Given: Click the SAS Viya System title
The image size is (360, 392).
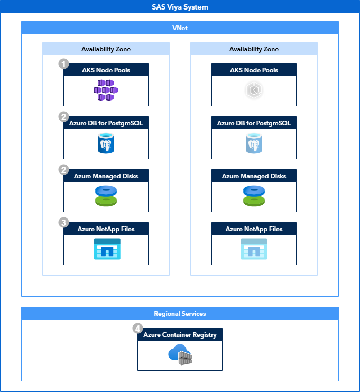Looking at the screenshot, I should click(180, 7).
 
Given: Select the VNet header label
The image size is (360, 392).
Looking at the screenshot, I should click(180, 28).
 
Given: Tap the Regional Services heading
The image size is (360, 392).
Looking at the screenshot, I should click(180, 313).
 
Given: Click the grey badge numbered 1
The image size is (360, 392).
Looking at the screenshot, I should click(64, 64).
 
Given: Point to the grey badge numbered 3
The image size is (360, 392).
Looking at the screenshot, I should click(64, 223).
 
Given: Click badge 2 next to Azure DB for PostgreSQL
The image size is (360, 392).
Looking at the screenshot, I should click(64, 117).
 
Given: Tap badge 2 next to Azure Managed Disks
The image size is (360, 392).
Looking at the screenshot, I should click(64, 170).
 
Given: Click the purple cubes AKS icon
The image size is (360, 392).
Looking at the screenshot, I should click(106, 90).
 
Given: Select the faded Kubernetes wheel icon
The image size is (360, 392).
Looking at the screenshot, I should click(254, 90).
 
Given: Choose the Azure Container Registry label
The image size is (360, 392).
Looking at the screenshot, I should click(180, 335).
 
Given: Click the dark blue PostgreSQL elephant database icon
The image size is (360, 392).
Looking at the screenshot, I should click(106, 143).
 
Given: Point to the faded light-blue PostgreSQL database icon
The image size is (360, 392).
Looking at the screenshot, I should click(254, 143).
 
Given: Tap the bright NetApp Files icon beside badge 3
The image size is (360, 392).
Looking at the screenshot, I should click(106, 249).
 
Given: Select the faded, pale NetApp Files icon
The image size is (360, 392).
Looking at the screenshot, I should click(254, 249).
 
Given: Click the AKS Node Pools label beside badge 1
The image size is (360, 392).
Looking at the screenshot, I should click(106, 70).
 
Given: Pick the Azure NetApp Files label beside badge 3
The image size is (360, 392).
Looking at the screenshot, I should click(106, 229).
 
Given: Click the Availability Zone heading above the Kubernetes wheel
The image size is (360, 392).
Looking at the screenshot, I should click(254, 49).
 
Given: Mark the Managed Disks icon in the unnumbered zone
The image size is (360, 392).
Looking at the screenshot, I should click(254, 196).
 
